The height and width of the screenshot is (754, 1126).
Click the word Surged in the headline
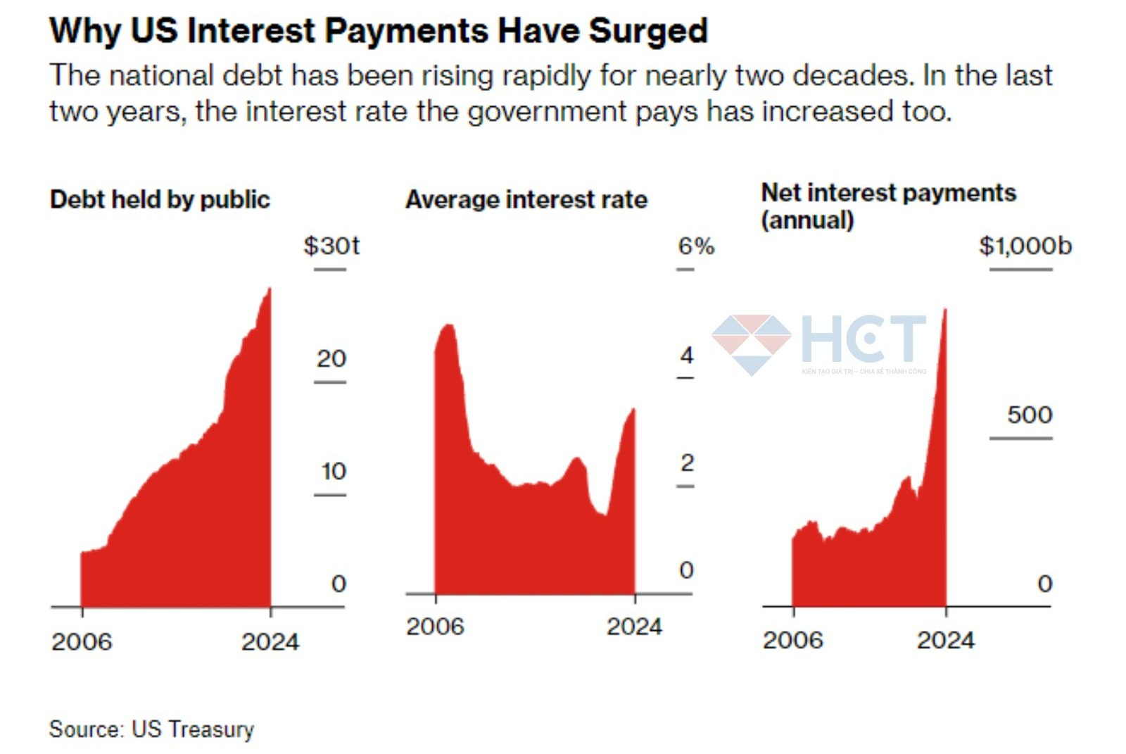pyautogui.click(x=647, y=32)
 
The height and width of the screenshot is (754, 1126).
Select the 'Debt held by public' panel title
pyautogui.click(x=160, y=200)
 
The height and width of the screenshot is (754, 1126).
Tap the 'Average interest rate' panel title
pyautogui.click(x=526, y=200)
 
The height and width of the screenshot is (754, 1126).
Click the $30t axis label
pyautogui.click(x=331, y=246)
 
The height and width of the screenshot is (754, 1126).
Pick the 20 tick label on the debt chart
pyautogui.click(x=331, y=358)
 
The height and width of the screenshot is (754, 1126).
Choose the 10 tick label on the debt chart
pyautogui.click(x=334, y=471)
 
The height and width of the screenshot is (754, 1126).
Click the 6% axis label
pyautogui.click(x=695, y=246)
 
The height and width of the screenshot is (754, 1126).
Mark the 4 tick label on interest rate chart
pyautogui.click(x=687, y=356)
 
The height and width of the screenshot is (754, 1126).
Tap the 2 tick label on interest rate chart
pyautogui.click(x=687, y=463)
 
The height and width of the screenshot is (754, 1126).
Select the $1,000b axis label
pyautogui.click(x=1025, y=246)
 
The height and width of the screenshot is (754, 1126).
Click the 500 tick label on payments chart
pyautogui.click(x=1029, y=415)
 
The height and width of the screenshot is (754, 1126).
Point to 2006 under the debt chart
pyautogui.click(x=82, y=641)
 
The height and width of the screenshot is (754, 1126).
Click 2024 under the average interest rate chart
pyautogui.click(x=634, y=627)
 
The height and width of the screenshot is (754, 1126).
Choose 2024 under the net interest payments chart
pyautogui.click(x=945, y=640)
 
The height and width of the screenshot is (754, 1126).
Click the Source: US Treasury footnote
pyautogui.click(x=151, y=729)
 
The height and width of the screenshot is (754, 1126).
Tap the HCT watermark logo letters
pyautogui.click(x=864, y=339)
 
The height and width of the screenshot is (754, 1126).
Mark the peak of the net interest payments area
pyautogui.click(x=944, y=310)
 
